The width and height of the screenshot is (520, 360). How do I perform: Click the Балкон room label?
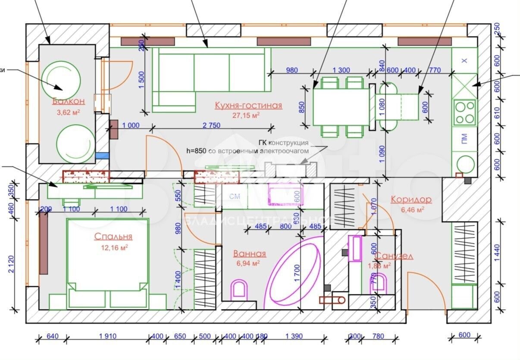[x=68, y=102]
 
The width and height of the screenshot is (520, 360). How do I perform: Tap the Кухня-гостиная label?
[x=248, y=106]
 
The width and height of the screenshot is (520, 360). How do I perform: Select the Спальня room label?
[x=113, y=237]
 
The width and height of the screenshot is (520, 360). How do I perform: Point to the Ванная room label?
[x=249, y=254]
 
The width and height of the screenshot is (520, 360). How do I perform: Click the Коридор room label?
[x=411, y=200]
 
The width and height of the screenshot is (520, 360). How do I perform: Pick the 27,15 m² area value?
[x=248, y=116]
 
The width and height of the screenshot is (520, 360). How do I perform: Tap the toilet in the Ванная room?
[x=239, y=290]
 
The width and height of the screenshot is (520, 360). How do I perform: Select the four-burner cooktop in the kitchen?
[x=465, y=112]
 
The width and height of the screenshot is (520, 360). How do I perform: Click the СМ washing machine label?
[x=235, y=197]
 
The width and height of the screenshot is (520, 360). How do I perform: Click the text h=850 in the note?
[x=197, y=151]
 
